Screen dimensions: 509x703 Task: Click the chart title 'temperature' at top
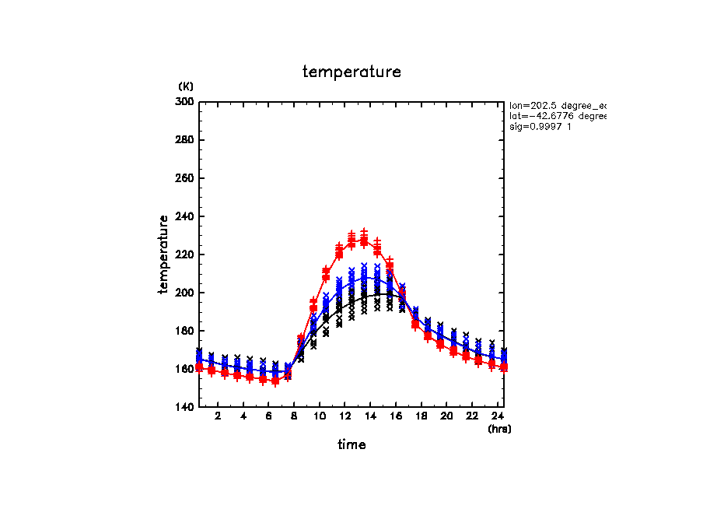click(351, 72)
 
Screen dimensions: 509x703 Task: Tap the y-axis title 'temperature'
click(164, 254)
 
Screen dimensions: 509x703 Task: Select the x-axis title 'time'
click(351, 445)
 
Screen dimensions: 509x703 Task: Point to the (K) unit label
click(186, 86)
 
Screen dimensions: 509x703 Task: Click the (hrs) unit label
click(499, 429)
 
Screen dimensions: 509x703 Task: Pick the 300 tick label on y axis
click(186, 102)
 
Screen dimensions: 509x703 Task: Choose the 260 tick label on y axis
click(186, 178)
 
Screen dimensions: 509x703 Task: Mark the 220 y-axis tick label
click(186, 254)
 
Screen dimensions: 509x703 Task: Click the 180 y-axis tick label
click(186, 331)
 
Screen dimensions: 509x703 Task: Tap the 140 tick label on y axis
click(186, 407)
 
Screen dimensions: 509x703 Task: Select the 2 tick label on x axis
click(218, 416)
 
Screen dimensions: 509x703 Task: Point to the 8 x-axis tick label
click(294, 416)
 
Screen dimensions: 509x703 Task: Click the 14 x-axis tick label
click(370, 416)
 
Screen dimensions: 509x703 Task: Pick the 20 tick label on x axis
click(446, 416)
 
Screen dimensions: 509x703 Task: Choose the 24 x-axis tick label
click(497, 416)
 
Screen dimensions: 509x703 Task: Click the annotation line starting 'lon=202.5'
click(557, 105)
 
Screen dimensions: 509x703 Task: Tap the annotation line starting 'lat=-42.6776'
click(557, 116)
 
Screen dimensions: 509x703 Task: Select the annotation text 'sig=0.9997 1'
click(540, 127)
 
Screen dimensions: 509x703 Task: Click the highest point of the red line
click(364, 241)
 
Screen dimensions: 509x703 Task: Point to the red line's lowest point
click(275, 381)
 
